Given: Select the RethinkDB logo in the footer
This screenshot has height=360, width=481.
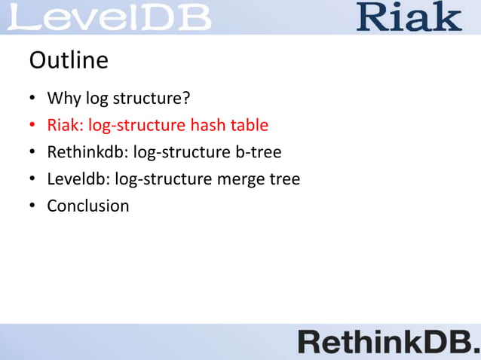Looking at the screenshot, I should coord(388,343).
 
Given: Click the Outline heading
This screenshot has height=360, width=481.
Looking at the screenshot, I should coord(68,59).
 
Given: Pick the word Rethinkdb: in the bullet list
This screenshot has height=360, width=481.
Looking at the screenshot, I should coord(87,152).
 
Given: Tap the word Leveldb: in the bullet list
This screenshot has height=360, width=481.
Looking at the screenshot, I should coord(78,179).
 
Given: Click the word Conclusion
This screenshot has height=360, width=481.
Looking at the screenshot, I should coord(88,206).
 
